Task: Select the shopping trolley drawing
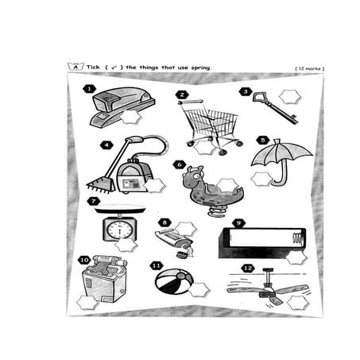tap(210, 124)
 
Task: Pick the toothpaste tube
tap(175, 239)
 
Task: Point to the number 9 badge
tap(238, 223)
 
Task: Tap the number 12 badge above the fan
tap(248, 269)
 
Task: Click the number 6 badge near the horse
tap(180, 165)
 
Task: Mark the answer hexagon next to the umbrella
tap(261, 179)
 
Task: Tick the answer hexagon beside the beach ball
tap(199, 288)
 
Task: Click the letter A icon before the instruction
tap(76, 67)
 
